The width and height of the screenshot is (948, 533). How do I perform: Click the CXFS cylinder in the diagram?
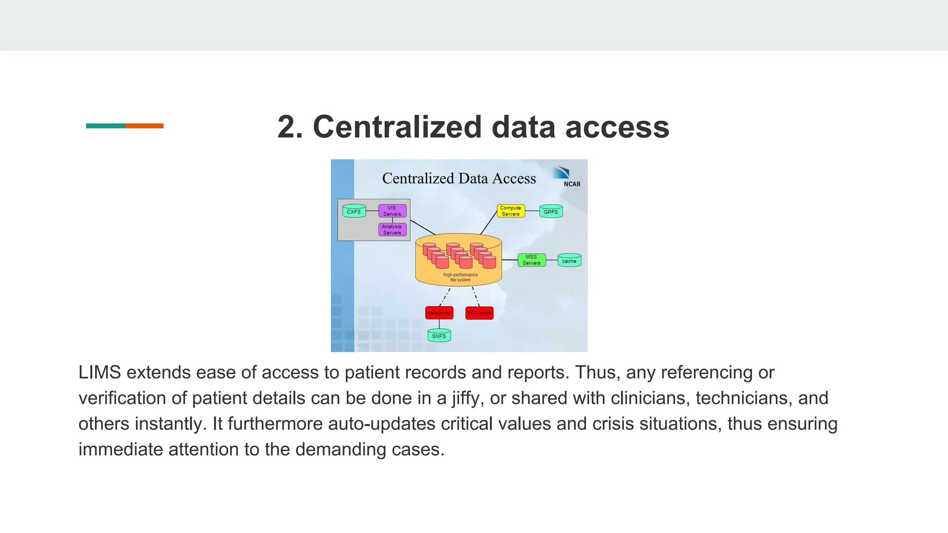(x=354, y=211)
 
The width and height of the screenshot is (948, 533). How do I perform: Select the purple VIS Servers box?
(x=392, y=211)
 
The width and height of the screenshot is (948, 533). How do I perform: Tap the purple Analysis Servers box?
(x=392, y=229)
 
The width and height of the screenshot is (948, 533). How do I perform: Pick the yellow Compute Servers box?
(x=511, y=211)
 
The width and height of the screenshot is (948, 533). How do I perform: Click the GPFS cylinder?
(x=551, y=211)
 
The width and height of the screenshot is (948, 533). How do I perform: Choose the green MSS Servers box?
(x=531, y=260)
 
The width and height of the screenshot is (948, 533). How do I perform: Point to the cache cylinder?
(x=569, y=261)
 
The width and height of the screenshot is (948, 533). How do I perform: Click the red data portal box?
(x=439, y=313)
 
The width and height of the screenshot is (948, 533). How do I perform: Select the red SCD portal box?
(x=479, y=313)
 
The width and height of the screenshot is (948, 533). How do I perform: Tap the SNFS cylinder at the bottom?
(x=439, y=336)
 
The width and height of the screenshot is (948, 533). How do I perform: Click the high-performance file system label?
(x=460, y=277)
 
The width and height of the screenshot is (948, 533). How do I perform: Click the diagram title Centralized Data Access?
(x=459, y=179)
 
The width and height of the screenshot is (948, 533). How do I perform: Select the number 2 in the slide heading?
(x=289, y=127)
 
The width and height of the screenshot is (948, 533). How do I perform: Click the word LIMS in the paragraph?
(x=100, y=372)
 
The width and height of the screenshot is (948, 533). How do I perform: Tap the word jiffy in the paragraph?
(x=467, y=398)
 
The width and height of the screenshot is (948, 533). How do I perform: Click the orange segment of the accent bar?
(x=144, y=126)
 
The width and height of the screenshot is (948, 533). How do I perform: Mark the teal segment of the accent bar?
(x=105, y=126)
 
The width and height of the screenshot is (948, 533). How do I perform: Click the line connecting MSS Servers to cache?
(x=552, y=260)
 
